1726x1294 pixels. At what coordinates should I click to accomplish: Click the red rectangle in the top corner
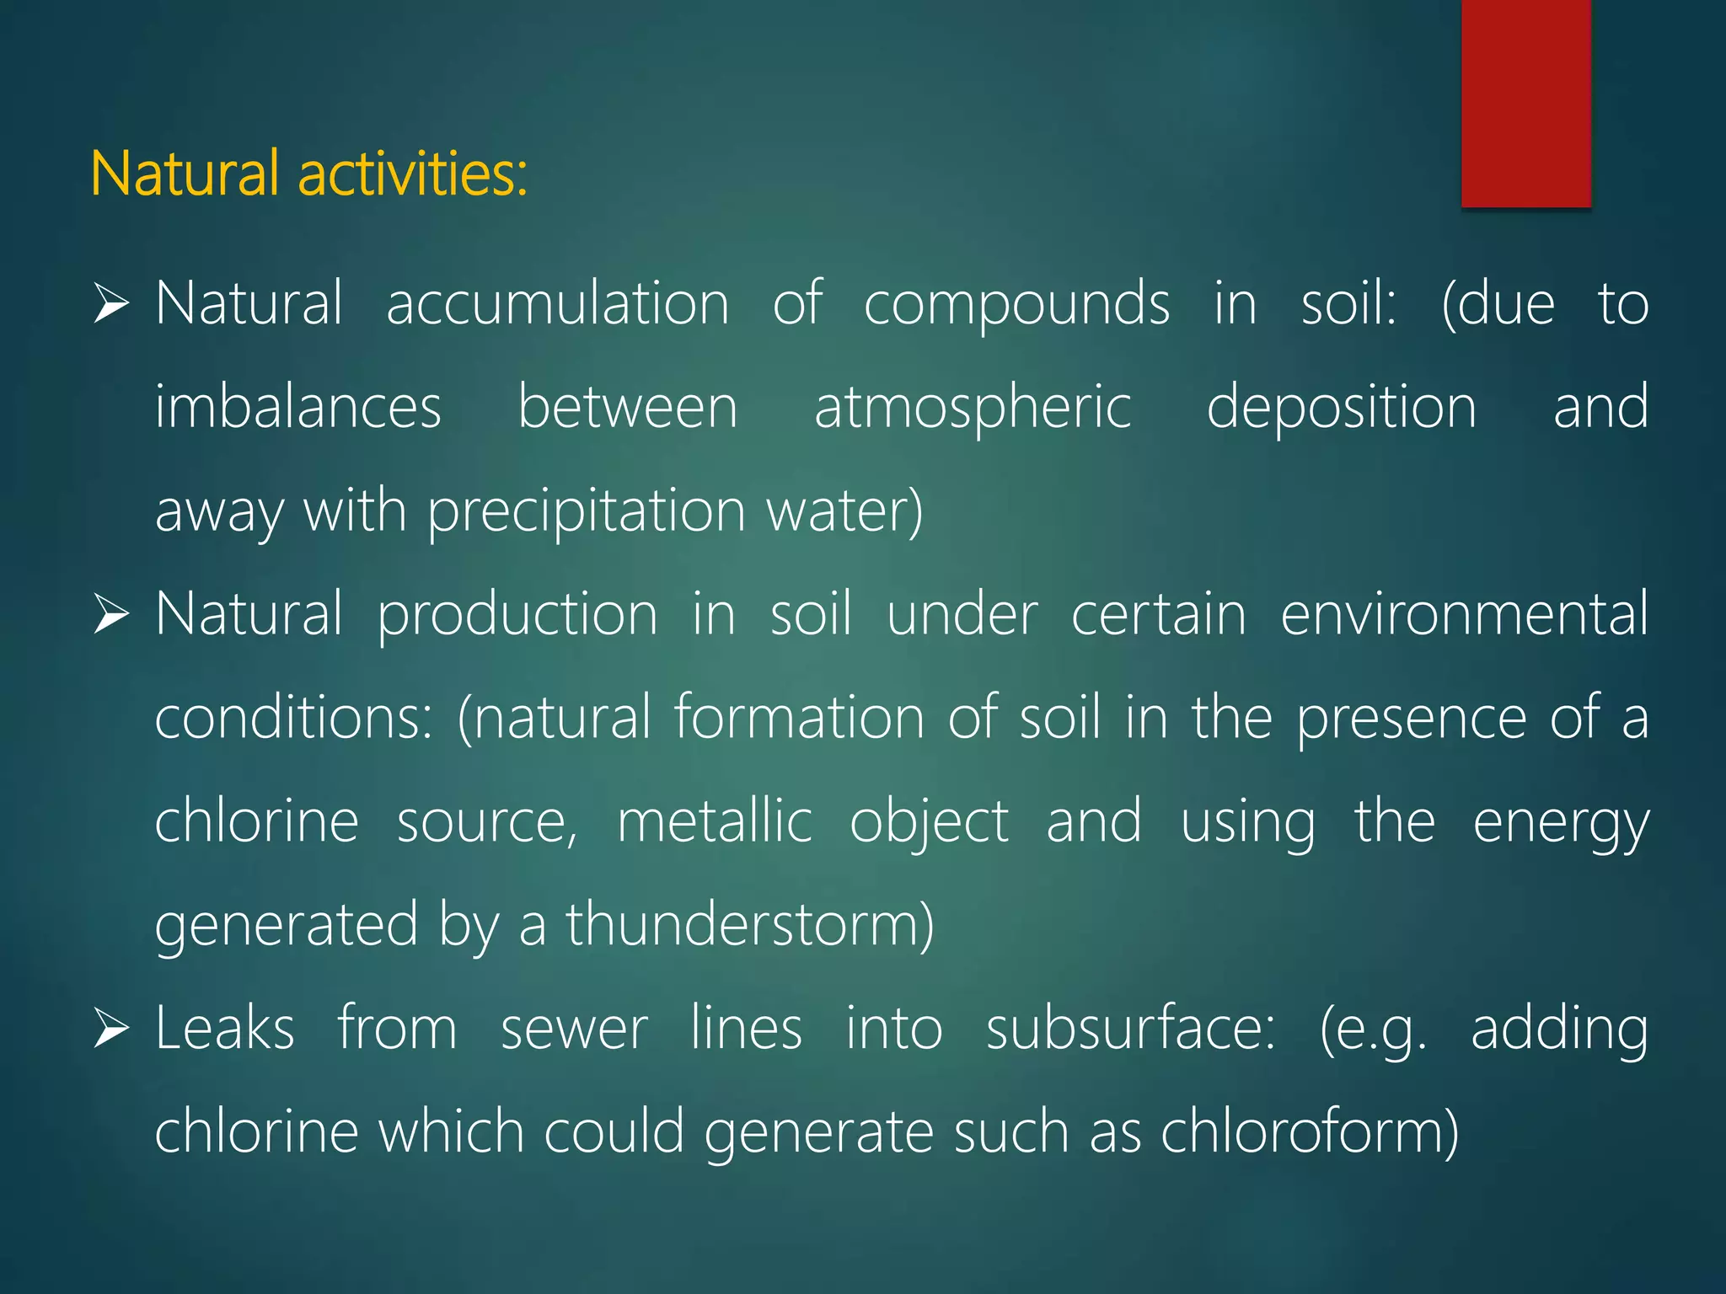coord(1525,103)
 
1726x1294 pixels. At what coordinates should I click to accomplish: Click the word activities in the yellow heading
coord(412,174)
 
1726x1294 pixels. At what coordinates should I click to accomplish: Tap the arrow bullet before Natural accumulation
coord(110,304)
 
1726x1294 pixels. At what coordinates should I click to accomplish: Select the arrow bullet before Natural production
coord(110,614)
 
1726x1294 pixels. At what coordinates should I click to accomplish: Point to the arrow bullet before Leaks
coord(110,1029)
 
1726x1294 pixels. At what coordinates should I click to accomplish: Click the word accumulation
coord(557,303)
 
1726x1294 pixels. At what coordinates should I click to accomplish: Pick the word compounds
coord(1016,303)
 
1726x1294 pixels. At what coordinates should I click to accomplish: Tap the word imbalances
coord(298,407)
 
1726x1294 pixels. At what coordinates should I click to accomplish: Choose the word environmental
coord(1464,614)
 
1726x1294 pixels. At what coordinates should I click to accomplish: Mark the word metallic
coord(715,821)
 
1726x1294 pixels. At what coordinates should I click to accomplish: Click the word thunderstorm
coord(749,925)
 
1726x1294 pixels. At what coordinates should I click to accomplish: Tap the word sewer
coord(574,1029)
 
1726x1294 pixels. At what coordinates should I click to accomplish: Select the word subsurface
coord(1130,1029)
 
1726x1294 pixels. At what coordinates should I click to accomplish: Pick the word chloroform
coord(1309,1132)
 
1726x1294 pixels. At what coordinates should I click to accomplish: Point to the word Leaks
coord(225,1029)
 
